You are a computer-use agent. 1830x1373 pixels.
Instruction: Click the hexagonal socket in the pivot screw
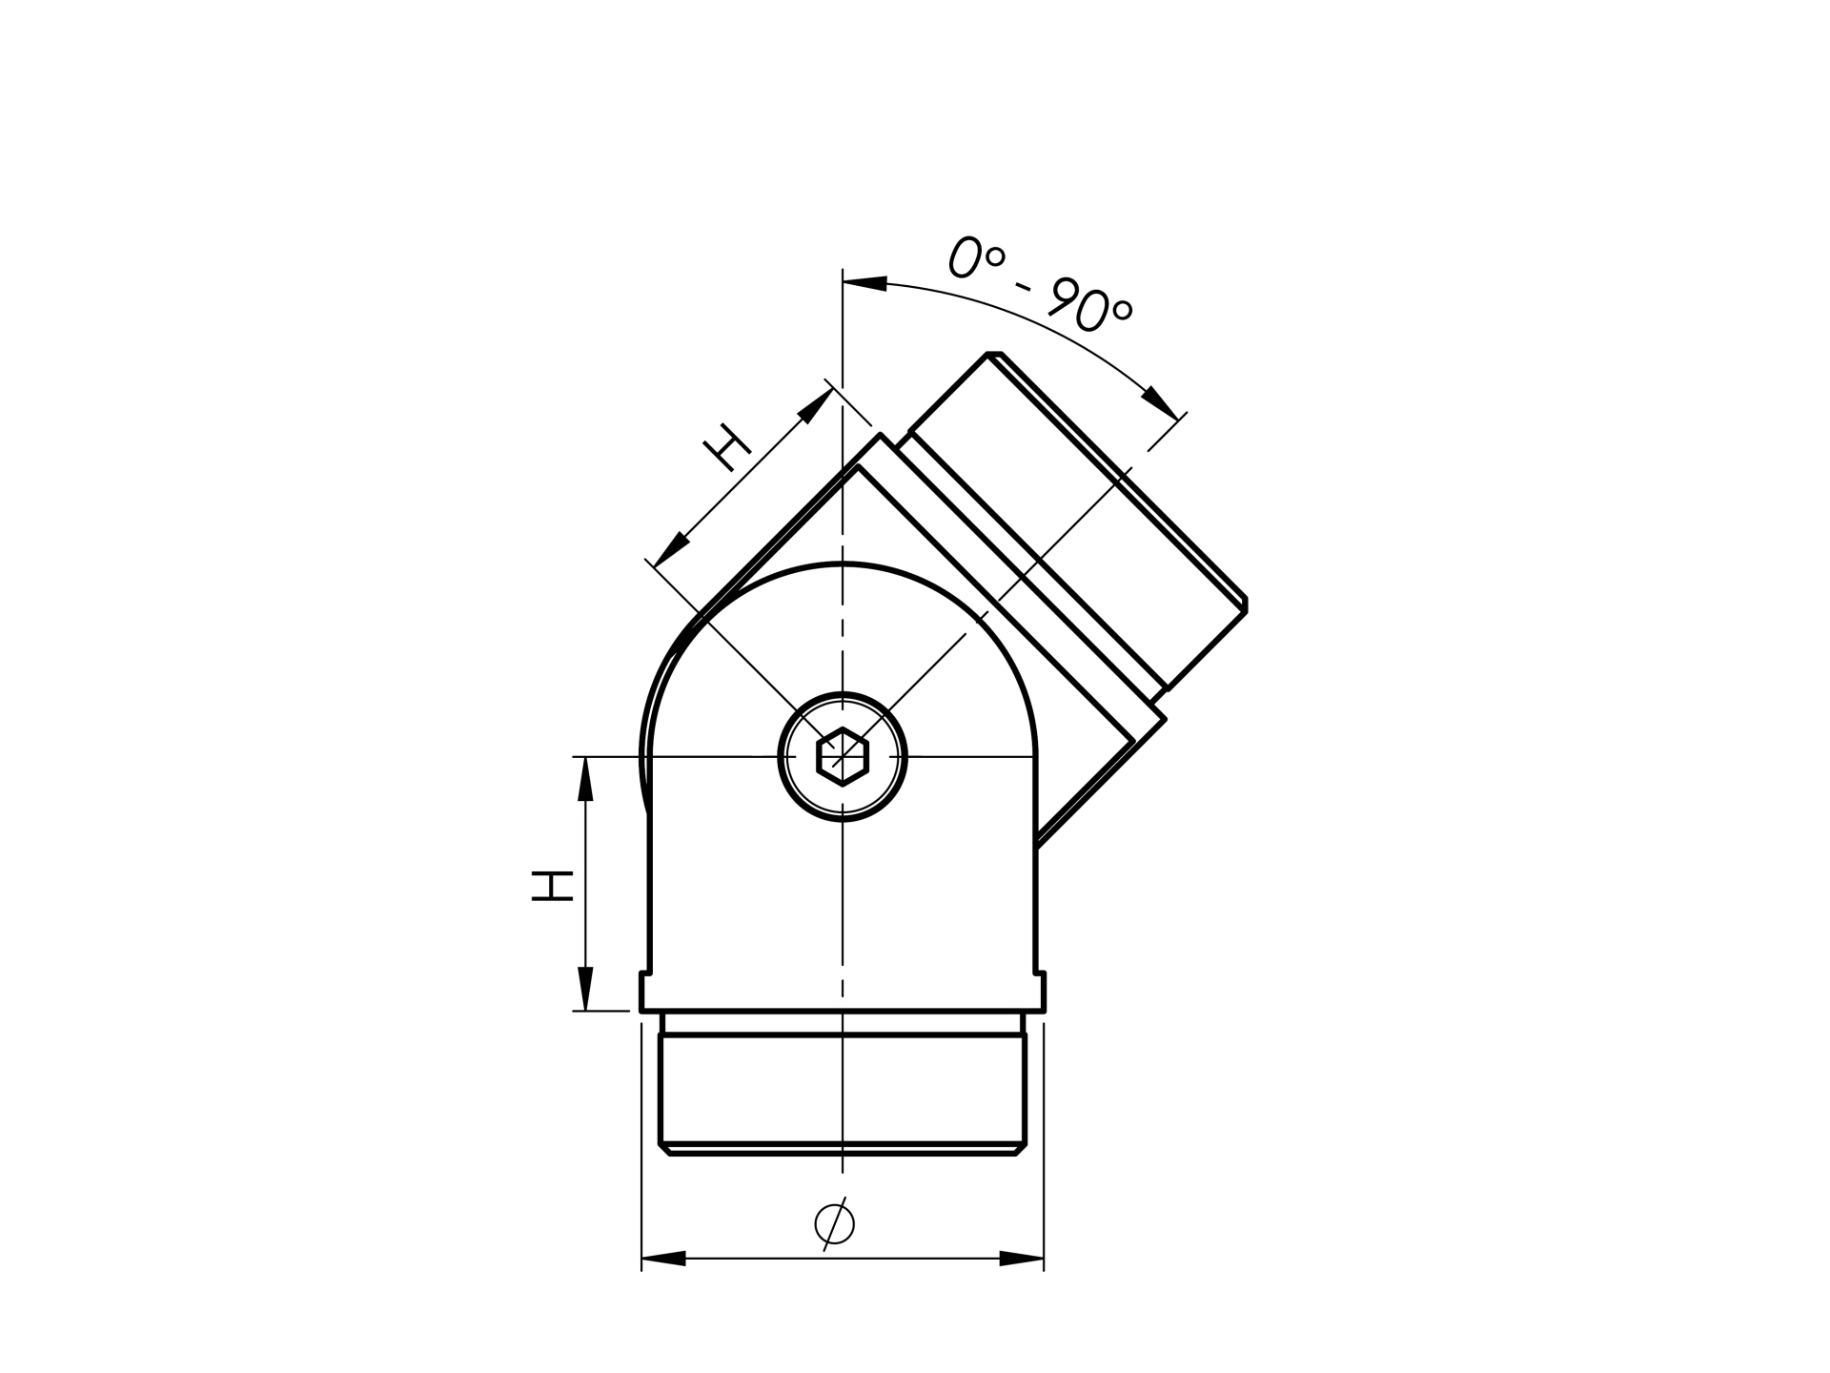[x=843, y=756]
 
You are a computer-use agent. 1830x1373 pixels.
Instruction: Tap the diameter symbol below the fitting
[x=834, y=1223]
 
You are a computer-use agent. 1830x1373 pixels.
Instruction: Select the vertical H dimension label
[x=552, y=885]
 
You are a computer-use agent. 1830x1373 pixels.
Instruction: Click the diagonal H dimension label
[x=726, y=446]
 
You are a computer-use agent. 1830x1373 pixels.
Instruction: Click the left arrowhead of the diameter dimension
[x=663, y=1259]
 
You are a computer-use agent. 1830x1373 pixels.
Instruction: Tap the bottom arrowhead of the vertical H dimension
[x=585, y=989]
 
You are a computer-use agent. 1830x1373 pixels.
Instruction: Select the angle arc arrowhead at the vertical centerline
[x=864, y=283]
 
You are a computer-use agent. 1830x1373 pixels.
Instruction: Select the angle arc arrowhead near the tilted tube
[x=1161, y=401]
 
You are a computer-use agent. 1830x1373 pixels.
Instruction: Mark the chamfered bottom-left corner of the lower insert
[x=664, y=1149]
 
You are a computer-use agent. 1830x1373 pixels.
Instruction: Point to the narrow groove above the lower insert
[x=843, y=1023]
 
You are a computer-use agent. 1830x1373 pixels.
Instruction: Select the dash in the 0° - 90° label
[x=1024, y=286]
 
